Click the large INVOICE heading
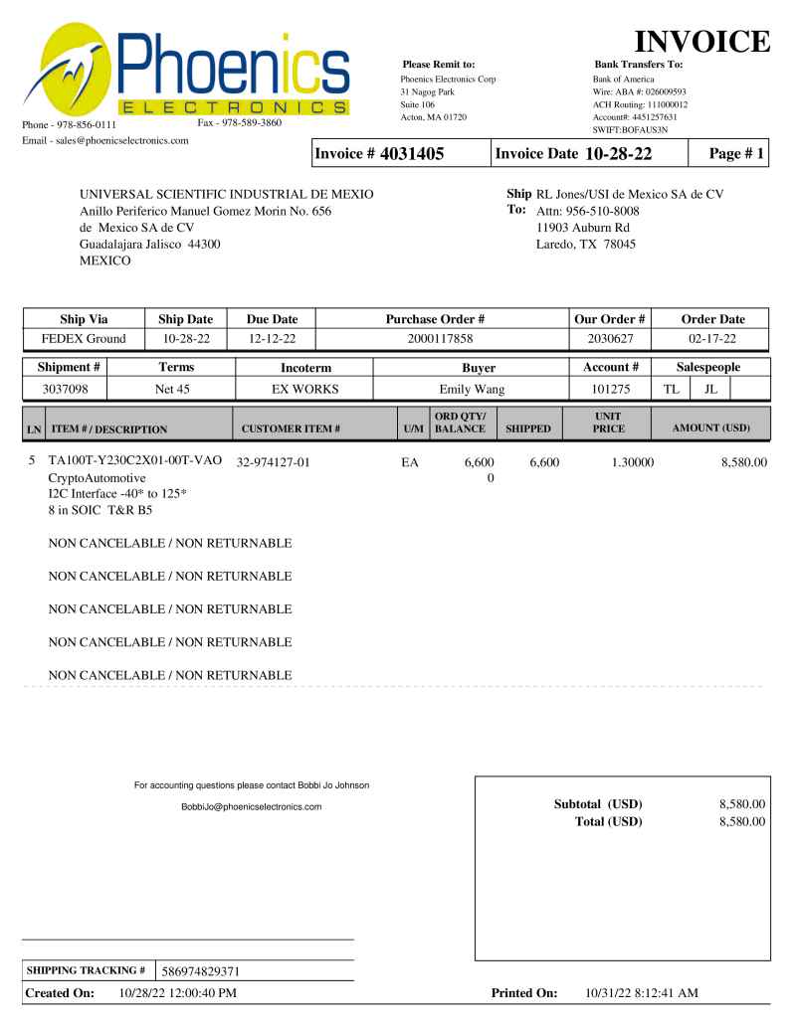click(703, 42)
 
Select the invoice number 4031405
click(409, 154)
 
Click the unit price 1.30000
click(623, 462)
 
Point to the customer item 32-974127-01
click(274, 462)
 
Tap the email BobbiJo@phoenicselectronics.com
click(252, 806)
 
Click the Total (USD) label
click(608, 822)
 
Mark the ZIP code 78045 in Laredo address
click(617, 244)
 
